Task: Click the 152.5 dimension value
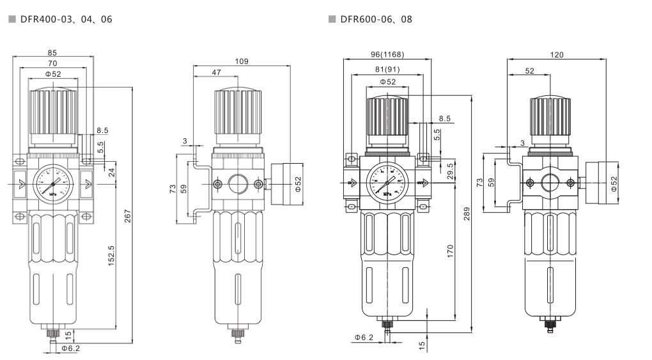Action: coord(112,256)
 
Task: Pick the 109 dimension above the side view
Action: coord(242,61)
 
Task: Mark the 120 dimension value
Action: coord(557,55)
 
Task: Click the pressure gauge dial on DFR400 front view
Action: coord(54,184)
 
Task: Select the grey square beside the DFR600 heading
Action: coord(330,19)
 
